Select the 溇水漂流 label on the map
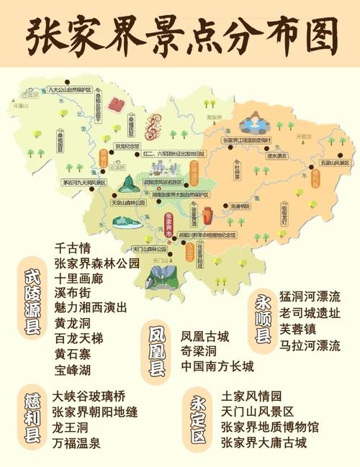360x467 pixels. coord(276,155)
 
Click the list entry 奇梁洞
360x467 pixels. coord(197,351)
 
